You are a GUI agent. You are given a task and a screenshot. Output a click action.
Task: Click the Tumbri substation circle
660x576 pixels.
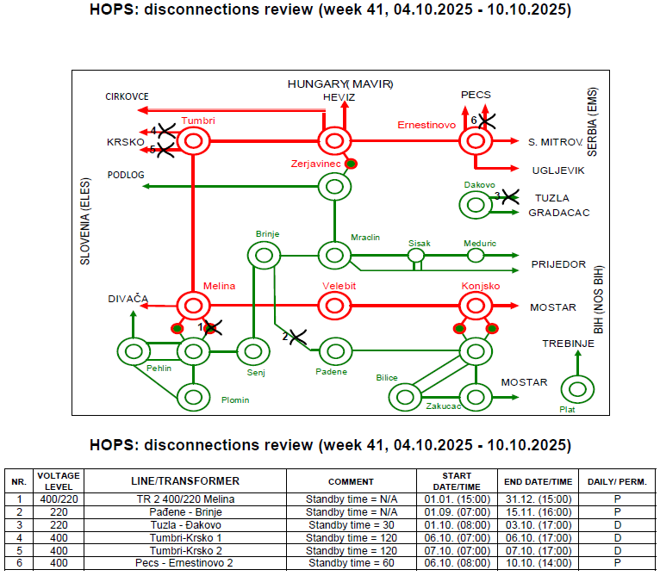[194, 141]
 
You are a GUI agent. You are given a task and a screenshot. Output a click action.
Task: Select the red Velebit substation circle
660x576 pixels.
[334, 305]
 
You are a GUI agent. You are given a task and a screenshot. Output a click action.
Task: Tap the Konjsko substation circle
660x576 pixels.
[475, 305]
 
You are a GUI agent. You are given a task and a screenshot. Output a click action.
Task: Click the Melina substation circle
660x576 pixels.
[194, 305]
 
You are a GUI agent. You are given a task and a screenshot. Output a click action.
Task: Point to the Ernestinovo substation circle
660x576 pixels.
[475, 141]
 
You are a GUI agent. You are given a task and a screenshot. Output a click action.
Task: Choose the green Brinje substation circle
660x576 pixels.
[264, 255]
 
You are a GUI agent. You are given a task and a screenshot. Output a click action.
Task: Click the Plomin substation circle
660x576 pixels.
[194, 397]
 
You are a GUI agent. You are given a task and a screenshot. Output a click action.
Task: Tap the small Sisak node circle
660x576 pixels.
[416, 256]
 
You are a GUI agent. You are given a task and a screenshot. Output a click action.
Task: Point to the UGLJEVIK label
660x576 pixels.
[558, 170]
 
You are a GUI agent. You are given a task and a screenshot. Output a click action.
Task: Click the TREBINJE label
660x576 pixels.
[569, 344]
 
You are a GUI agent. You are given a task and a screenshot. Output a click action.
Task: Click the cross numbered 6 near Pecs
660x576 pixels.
[485, 121]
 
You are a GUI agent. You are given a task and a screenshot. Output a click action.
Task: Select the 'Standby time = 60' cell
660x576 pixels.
[351, 563]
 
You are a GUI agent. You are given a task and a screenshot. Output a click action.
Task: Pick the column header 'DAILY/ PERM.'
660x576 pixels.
[617, 481]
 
